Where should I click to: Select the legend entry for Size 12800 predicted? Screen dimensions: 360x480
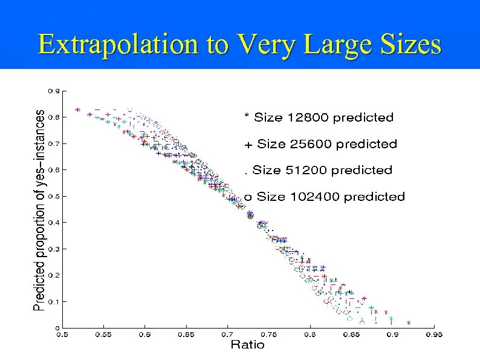click(x=319, y=117)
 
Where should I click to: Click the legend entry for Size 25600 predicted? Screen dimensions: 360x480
click(x=320, y=144)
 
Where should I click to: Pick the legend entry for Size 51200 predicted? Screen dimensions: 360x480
click(x=318, y=170)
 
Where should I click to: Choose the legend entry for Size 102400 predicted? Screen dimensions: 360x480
click(x=324, y=197)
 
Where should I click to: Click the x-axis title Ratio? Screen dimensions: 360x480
click(x=247, y=345)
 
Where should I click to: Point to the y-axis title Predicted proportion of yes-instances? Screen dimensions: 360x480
click(x=39, y=210)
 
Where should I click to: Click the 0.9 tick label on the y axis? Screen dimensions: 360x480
click(x=54, y=91)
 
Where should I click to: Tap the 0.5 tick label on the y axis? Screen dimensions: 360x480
click(x=54, y=197)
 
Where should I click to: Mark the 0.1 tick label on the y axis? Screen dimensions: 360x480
click(x=54, y=301)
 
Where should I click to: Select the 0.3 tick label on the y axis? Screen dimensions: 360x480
click(x=54, y=249)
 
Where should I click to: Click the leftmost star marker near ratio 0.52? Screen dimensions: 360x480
click(x=77, y=110)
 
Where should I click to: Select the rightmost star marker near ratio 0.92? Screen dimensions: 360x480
click(x=409, y=323)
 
